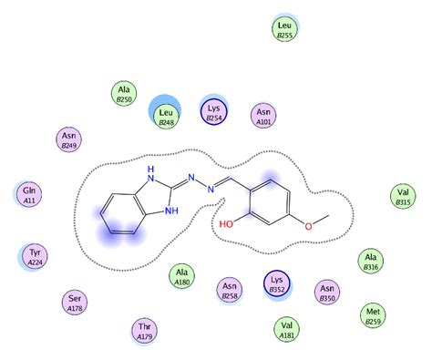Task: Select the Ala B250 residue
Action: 125,94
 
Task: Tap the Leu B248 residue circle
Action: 166,115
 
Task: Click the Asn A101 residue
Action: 264,116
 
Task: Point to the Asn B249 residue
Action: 65,139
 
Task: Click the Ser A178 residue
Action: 77,302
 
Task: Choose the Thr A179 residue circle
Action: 143,330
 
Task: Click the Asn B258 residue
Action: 230,291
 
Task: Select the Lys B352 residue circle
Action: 279,283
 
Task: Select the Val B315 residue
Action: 403,196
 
